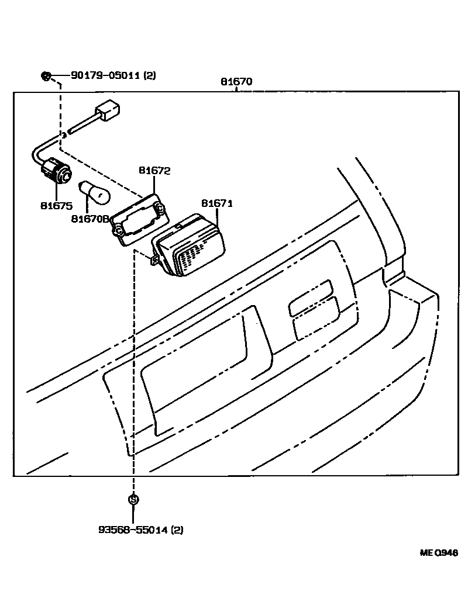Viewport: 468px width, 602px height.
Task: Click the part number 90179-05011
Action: [x=105, y=75]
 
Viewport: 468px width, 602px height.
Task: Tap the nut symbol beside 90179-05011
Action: [x=47, y=75]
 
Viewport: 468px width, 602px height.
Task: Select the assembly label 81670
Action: [x=236, y=82]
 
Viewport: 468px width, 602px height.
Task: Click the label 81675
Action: [x=56, y=205]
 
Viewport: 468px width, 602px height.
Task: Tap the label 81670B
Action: [x=91, y=219]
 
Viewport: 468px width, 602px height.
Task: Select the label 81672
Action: [x=154, y=171]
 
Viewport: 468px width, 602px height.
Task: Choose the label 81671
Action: [x=217, y=203]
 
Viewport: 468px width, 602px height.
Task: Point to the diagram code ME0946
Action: [x=438, y=552]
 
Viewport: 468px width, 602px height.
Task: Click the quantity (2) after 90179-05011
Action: [x=149, y=75]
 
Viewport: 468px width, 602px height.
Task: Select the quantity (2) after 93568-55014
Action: [x=177, y=530]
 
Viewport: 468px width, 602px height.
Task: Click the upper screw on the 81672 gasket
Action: [x=160, y=205]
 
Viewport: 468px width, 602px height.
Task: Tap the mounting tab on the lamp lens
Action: [x=155, y=260]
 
